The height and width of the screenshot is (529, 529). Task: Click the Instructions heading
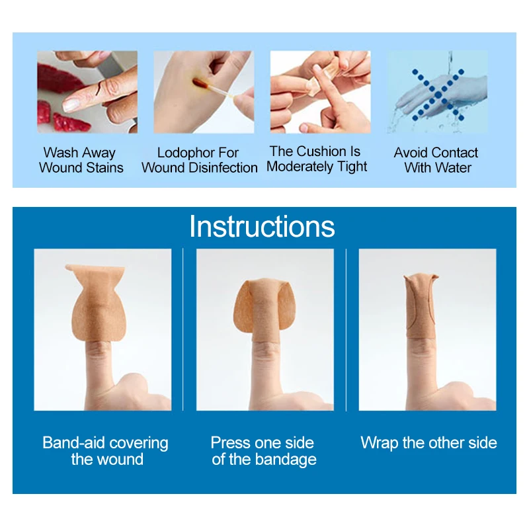pos(262,227)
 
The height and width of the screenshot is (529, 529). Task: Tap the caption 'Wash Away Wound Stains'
pos(81,160)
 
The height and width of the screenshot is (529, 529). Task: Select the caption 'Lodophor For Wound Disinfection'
pos(199,160)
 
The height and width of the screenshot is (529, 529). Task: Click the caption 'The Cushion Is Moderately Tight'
pos(317,159)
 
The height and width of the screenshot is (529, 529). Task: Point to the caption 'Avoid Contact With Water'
pos(436,160)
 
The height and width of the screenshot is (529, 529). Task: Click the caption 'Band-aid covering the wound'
pos(106,450)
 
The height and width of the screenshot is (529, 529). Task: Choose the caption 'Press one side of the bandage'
pos(263,450)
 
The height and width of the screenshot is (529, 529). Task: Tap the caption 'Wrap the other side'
pos(428,442)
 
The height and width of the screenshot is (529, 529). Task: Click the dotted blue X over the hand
pos(436,94)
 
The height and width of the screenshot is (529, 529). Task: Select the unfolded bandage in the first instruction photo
pos(98,298)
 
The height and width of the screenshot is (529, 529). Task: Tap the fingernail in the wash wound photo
pos(73,103)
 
